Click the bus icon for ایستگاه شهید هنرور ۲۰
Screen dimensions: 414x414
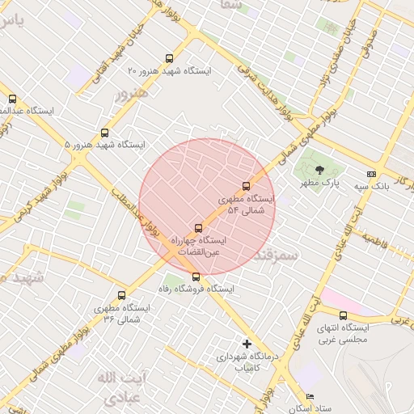(169, 57)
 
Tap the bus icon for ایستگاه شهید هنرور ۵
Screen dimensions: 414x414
(104, 133)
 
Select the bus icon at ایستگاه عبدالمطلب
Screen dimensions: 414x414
(12, 99)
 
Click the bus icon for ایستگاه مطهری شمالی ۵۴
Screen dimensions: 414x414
(247, 186)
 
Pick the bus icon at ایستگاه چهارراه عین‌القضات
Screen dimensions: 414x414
(199, 228)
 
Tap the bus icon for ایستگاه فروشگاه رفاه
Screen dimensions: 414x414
(196, 277)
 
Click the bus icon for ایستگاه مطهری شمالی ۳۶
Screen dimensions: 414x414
(122, 296)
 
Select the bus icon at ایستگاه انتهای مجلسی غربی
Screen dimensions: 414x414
(344, 315)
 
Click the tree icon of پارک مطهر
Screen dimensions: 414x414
(320, 170)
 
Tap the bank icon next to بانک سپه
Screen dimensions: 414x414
(371, 173)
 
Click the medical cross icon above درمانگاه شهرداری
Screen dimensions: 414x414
(247, 344)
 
